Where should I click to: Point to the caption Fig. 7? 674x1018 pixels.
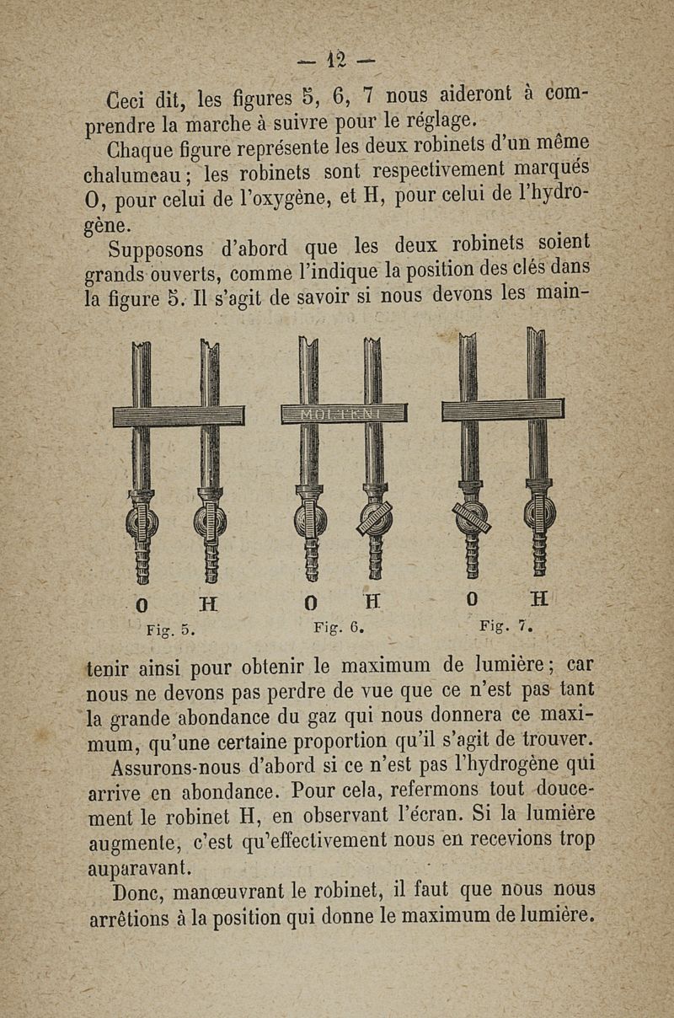point(502,627)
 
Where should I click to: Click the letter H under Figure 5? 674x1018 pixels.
point(208,603)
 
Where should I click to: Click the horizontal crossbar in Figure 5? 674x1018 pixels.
point(178,415)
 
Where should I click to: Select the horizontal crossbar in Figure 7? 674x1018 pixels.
point(503,410)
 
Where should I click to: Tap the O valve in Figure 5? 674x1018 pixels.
point(142,522)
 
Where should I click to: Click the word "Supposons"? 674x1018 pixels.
point(160,250)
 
